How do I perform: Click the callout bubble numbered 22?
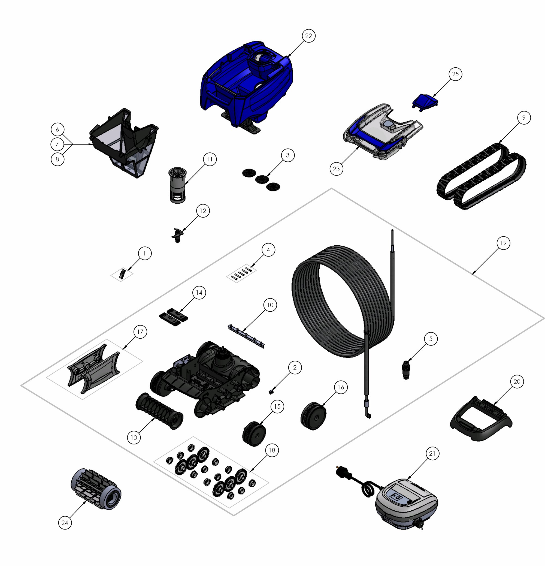point(308,36)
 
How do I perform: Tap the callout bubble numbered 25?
point(455,74)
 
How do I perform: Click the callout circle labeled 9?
point(524,118)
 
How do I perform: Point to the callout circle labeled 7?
point(57,144)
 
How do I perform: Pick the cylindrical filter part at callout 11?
point(177,185)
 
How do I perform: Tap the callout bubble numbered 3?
point(287,155)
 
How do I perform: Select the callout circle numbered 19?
point(503,243)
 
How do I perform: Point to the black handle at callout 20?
point(481,419)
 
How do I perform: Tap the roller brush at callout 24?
point(96,489)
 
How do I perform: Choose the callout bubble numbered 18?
point(272,450)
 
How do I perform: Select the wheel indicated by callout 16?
point(313,416)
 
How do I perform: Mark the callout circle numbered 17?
point(140,332)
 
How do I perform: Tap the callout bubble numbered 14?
point(199,293)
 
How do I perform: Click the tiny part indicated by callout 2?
point(271,392)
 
